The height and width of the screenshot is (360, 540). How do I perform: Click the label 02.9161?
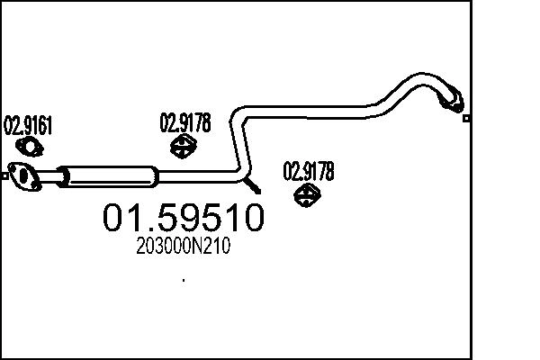[x=29, y=125]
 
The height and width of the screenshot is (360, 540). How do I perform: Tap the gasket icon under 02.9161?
[x=31, y=148]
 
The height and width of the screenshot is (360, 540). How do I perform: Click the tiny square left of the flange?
[x=4, y=176]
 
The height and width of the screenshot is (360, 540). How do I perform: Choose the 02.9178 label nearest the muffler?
[x=185, y=122]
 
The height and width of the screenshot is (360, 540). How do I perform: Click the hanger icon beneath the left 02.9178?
[x=184, y=146]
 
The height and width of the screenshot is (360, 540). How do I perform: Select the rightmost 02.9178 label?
[x=309, y=170]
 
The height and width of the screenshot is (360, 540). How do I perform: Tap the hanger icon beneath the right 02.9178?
[x=309, y=194]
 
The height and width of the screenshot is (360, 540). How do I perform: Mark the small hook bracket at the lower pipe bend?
[x=254, y=186]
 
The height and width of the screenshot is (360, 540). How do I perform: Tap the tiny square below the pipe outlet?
[x=465, y=118]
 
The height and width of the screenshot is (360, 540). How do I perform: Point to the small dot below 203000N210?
[x=184, y=281]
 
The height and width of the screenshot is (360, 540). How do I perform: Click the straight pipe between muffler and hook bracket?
[x=198, y=173]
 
